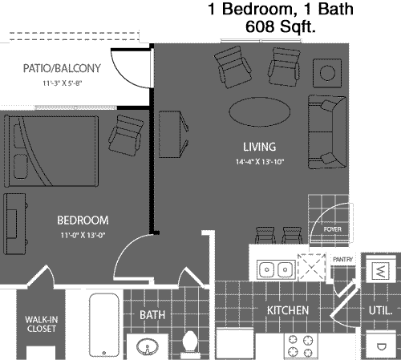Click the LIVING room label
coord(259,147)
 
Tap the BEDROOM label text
coord(83,220)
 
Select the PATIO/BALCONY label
coord(62,68)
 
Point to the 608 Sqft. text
coord(281,26)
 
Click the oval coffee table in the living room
coord(260,111)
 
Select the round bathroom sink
coord(148,347)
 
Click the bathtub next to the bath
coord(104,325)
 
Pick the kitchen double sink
coord(276,269)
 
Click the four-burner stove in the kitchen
coord(301,346)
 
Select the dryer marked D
coord(381,346)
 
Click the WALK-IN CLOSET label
coord(41,324)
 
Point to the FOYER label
coord(333,229)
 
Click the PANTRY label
coord(342,259)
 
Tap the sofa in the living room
coord(327,131)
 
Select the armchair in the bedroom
coord(125,136)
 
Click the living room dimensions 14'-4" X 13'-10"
coord(260,162)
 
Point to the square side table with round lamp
coord(327,73)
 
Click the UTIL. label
coord(380,310)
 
